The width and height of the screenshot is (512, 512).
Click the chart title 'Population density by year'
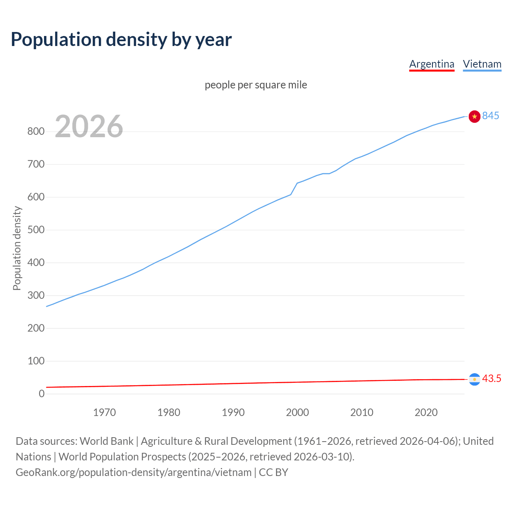[121, 40]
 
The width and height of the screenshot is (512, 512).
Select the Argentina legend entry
[432, 64]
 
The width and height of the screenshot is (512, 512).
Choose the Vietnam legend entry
[482, 64]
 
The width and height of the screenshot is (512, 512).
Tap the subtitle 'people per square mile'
[256, 85]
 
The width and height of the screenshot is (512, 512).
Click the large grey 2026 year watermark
[89, 126]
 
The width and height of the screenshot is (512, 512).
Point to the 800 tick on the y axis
[36, 132]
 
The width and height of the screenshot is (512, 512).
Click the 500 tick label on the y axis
[36, 230]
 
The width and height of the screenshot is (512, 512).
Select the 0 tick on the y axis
[42, 394]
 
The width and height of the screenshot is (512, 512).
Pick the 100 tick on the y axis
[36, 361]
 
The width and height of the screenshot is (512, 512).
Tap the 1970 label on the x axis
[104, 412]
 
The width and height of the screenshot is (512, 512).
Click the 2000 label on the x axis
[297, 412]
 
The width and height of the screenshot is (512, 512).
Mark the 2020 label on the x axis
[426, 412]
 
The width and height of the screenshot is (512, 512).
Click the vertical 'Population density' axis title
[17, 248]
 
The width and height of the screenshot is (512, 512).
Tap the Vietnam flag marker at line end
[474, 116]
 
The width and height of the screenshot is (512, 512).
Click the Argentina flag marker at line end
[474, 379]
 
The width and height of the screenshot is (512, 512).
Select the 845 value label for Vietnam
[490, 116]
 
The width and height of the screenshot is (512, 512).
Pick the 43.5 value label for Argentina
[492, 378]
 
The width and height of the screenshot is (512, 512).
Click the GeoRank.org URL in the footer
[134, 472]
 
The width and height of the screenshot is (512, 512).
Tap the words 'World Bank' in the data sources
[106, 441]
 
